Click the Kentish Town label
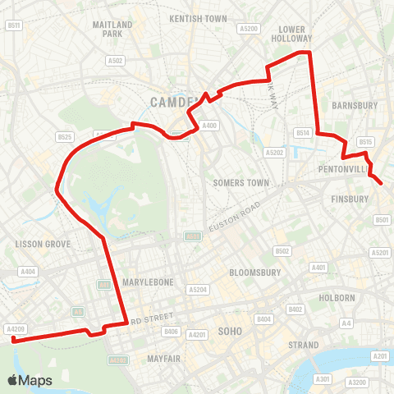(x=198, y=17)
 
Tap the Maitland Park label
(x=113, y=30)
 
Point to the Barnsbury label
(x=355, y=105)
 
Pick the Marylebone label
(x=148, y=282)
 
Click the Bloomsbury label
(x=255, y=272)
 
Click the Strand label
(x=304, y=346)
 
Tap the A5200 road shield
(x=250, y=29)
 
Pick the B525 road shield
(x=65, y=136)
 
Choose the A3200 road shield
(x=356, y=383)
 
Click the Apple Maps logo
(x=30, y=380)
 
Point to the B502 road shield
(x=283, y=251)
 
